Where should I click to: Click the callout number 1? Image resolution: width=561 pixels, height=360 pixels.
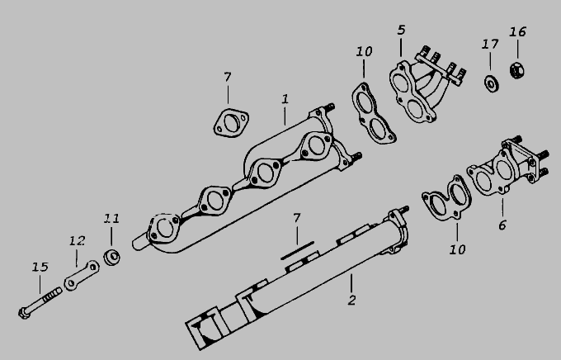285,99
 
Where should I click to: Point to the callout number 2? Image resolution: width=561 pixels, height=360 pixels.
352,301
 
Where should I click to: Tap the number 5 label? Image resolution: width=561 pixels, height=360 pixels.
402,30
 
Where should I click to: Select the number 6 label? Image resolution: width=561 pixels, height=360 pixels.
502,225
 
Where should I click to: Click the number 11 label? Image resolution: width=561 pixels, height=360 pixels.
111,219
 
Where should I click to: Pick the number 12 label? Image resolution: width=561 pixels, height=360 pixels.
78,241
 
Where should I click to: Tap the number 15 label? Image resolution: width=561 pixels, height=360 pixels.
40,267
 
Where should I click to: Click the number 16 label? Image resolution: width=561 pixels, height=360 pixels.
518,32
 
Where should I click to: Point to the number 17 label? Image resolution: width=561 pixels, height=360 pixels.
490,45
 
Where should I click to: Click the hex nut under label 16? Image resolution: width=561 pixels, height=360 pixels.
517,70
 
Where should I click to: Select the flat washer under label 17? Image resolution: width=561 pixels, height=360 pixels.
492,84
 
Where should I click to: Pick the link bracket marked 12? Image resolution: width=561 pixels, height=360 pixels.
82,275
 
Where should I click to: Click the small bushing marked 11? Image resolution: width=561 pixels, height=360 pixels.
111,257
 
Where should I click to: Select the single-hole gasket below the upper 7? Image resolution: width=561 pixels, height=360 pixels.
231,123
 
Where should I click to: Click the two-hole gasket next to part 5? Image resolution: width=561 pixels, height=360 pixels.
372,112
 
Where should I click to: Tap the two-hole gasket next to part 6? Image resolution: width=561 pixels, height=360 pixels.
446,197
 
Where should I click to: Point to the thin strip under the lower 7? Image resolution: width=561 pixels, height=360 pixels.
297,250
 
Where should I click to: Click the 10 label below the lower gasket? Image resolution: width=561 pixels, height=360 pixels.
458,249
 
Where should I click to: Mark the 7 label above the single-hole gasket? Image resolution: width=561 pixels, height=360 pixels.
228,77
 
